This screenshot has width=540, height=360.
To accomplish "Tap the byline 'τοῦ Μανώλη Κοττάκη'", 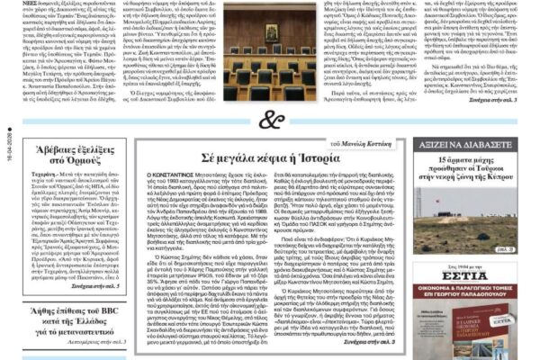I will click(363, 144).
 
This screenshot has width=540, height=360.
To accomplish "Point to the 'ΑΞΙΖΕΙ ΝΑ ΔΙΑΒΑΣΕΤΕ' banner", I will click(466, 145).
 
